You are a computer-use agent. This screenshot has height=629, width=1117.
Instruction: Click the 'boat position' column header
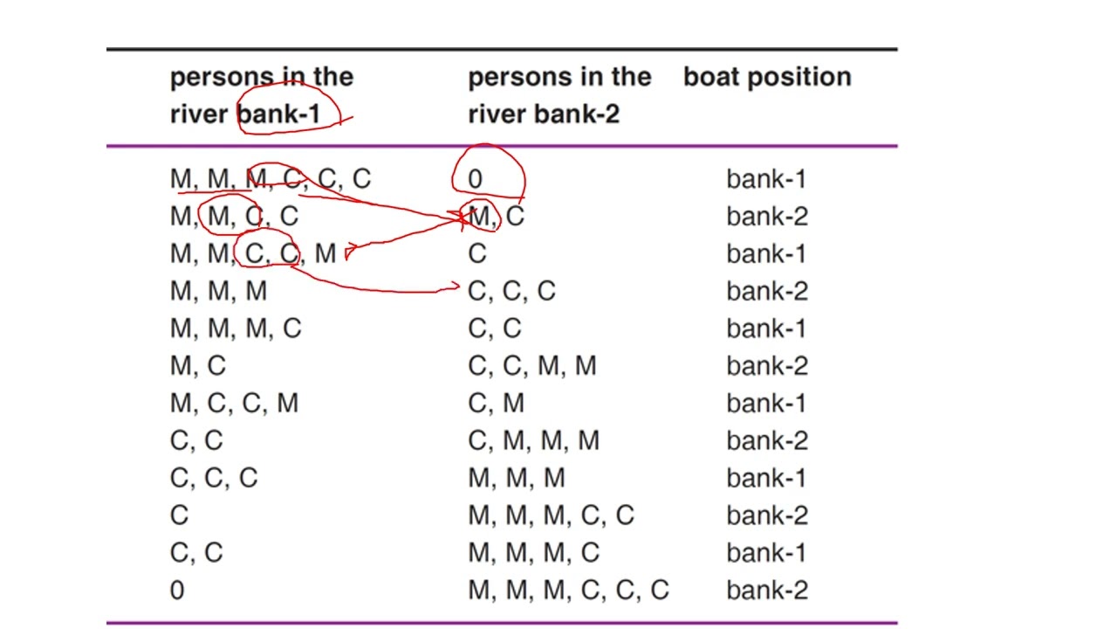point(767,78)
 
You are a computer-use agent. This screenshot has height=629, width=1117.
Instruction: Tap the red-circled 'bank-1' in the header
point(279,114)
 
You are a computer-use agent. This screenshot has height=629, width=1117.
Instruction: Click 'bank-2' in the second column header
point(577,114)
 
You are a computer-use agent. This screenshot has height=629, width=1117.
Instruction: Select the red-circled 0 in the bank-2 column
point(475,179)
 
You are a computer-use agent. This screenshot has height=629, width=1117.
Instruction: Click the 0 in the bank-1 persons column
point(177,590)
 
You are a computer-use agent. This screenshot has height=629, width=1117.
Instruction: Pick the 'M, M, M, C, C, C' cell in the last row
point(568,590)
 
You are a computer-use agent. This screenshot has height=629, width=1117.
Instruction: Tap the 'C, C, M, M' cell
point(532,366)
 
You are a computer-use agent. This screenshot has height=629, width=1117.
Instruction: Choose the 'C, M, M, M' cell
point(533,441)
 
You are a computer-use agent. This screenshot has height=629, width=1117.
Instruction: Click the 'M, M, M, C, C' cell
point(551,515)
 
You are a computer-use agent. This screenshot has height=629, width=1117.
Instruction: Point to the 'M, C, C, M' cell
point(235,404)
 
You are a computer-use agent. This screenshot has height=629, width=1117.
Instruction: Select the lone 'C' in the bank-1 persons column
point(179,515)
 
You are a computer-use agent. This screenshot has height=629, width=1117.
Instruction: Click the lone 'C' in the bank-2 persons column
point(477,253)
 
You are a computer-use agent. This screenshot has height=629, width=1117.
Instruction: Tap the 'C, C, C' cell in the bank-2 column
point(511,291)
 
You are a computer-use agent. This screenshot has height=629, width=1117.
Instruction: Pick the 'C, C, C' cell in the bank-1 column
point(214,478)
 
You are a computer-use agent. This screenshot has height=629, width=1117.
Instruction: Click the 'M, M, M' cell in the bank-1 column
point(218,291)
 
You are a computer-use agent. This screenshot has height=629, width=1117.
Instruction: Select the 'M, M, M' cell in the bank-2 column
point(517,478)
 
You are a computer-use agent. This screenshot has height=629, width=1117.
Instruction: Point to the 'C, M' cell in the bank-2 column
point(497,404)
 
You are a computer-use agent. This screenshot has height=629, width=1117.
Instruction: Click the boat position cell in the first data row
point(766,179)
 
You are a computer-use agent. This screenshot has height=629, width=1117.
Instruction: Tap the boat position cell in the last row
point(767,590)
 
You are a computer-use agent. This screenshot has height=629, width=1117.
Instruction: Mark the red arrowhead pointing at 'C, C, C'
point(455,286)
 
